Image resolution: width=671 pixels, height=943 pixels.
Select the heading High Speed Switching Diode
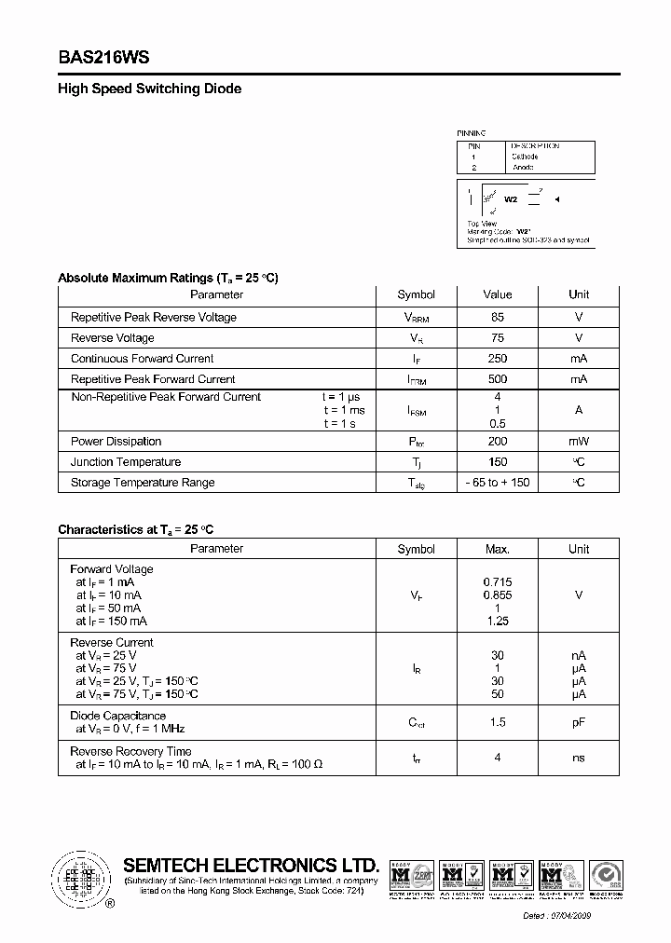(x=149, y=89)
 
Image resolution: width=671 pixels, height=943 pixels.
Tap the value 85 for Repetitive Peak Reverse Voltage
(x=498, y=317)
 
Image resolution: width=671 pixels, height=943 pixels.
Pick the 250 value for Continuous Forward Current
(x=498, y=359)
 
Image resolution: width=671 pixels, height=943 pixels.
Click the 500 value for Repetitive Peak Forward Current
(x=498, y=379)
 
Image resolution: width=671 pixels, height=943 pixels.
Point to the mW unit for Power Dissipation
(x=579, y=442)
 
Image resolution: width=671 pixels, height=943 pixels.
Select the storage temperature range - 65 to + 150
(x=498, y=483)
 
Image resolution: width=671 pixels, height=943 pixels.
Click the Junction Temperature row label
(x=126, y=462)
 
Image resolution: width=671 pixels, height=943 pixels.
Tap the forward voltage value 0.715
(x=498, y=582)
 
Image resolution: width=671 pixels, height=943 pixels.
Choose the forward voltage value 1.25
(x=498, y=621)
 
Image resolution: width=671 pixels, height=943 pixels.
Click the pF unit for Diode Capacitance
(x=579, y=722)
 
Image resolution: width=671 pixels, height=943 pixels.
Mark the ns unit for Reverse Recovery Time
(x=579, y=758)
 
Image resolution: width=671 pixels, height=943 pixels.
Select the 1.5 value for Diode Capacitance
(x=498, y=722)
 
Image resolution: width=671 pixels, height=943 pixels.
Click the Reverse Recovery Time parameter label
(x=131, y=751)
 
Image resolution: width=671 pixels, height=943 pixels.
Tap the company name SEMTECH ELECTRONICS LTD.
(x=252, y=865)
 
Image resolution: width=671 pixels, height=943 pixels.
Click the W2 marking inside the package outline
(x=511, y=199)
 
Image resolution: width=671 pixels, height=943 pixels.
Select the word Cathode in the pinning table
(x=525, y=157)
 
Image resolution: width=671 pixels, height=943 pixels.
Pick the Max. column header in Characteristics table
(x=498, y=549)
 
